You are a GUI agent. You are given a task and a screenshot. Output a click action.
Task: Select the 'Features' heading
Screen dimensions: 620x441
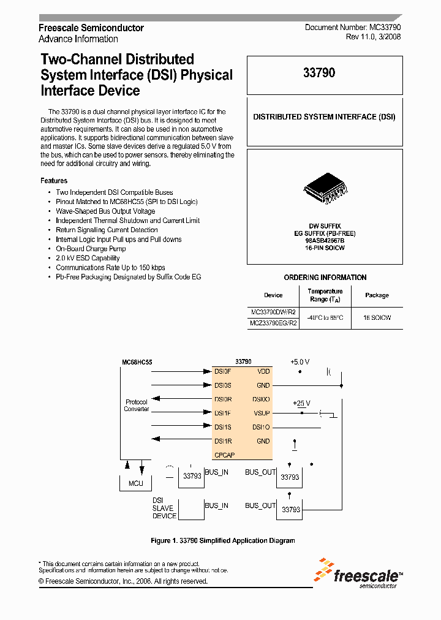54,181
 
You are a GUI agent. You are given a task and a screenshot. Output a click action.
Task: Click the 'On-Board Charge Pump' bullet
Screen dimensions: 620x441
91,249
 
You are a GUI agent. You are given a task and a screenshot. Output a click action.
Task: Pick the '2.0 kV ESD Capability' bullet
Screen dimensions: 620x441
88,258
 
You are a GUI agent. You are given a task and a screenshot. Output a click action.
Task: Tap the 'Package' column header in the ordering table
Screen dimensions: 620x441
377,295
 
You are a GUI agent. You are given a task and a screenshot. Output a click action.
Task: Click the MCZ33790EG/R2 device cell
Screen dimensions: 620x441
274,323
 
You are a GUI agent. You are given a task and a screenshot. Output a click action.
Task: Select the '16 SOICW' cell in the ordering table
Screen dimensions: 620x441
377,318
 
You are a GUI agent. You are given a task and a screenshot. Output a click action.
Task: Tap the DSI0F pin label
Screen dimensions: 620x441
222,371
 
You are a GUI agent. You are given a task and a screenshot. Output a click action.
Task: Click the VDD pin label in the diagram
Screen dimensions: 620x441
263,371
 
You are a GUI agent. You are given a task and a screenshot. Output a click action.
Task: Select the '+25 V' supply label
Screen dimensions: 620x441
301,403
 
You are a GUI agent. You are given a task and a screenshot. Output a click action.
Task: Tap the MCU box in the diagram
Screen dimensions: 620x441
135,483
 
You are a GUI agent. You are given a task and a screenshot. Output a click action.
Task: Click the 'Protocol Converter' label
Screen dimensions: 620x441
136,406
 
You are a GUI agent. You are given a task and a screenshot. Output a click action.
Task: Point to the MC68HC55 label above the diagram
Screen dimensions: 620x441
137,362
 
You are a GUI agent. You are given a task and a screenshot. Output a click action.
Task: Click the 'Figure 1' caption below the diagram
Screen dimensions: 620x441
223,540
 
